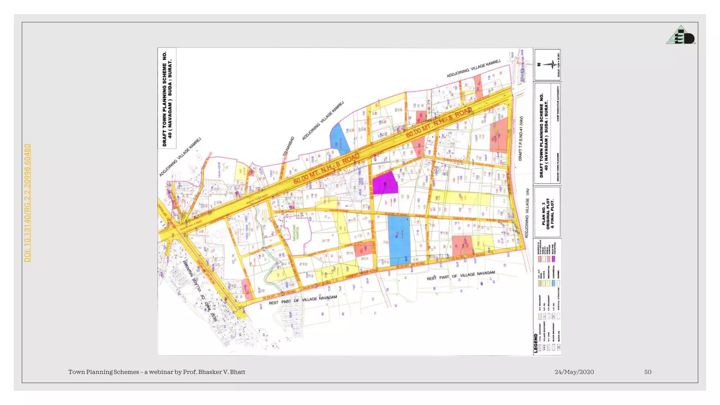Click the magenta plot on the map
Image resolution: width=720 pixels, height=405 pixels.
[x=385, y=183]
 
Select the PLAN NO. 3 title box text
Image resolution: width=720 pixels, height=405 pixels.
[x=548, y=213]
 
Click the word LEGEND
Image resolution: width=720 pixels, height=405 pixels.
[x=536, y=343]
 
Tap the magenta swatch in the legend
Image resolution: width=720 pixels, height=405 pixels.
[x=553, y=259]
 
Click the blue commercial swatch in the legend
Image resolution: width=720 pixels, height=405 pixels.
[x=553, y=283]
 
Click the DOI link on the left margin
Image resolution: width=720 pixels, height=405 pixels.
[x=27, y=203]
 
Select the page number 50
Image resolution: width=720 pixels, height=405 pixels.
[x=648, y=372]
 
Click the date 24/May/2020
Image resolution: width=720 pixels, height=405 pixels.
[x=574, y=372]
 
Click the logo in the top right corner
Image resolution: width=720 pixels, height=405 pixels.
[x=681, y=35]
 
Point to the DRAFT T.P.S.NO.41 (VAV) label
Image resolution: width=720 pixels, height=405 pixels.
[x=521, y=139]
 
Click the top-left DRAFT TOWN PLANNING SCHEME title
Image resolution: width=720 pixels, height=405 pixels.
[x=167, y=98]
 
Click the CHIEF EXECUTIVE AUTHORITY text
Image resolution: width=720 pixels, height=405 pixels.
[x=558, y=104]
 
